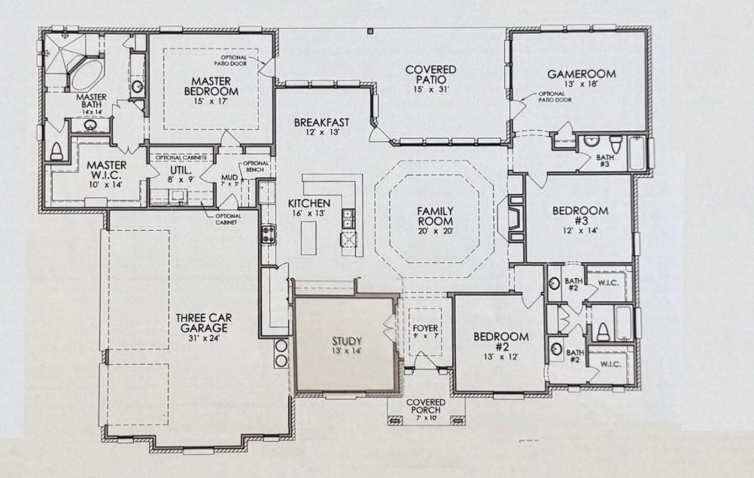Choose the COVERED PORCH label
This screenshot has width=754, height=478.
tap(426, 407)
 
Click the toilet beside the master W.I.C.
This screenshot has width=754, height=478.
tap(57, 150)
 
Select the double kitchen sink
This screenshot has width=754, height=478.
tap(348, 219)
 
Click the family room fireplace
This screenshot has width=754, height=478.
tap(514, 217)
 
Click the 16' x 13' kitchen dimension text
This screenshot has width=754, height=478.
tap(309, 213)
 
